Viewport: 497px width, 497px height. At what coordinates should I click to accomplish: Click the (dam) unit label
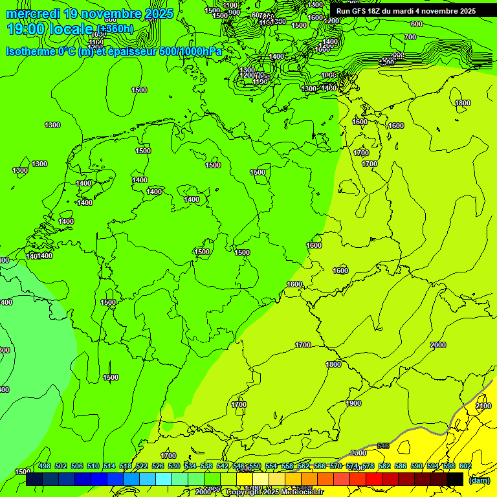pyautogui.click(x=478, y=480)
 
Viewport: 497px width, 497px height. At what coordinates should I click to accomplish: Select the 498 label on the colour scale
pyautogui.click(x=45, y=466)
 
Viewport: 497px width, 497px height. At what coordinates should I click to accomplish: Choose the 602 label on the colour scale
pyautogui.click(x=465, y=466)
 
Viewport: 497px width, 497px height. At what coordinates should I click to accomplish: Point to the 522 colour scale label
pyautogui.click(x=142, y=466)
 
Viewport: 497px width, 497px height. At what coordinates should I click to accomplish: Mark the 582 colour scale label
pyautogui.click(x=384, y=466)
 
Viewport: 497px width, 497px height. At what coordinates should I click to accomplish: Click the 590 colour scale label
pyautogui.click(x=417, y=466)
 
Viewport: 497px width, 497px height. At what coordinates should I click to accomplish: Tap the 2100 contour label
pyautogui.click(x=483, y=406)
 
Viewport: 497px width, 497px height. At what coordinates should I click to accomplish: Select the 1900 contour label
pyautogui.click(x=353, y=403)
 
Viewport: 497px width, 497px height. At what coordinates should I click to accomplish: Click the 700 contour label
pyautogui.click(x=410, y=37)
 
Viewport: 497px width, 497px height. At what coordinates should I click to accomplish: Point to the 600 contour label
pyautogui.click(x=416, y=24)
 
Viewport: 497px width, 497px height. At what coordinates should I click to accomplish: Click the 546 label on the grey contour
pyautogui.click(x=383, y=446)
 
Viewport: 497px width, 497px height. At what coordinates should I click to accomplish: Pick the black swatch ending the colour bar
pyautogui.click(x=455, y=479)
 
